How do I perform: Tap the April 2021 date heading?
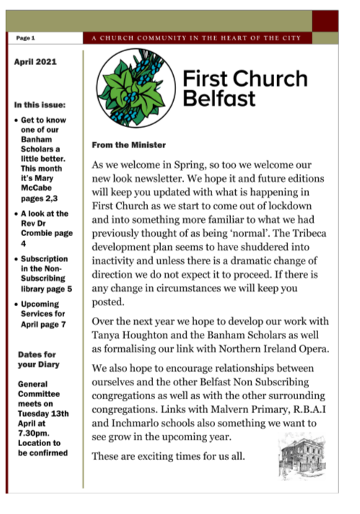[x=35, y=63]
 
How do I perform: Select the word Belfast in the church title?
[x=213, y=98]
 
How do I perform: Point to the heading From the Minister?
[x=128, y=145]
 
